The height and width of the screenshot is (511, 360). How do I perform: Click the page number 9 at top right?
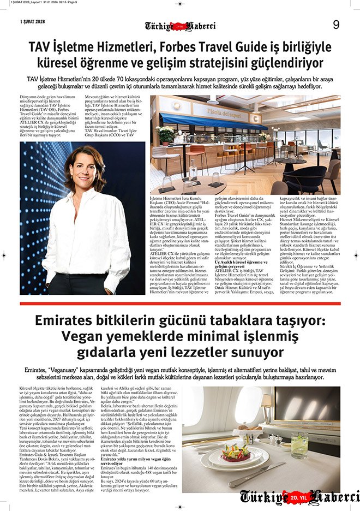(x=336, y=24)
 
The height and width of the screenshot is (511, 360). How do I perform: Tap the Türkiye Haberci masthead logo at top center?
(x=180, y=26)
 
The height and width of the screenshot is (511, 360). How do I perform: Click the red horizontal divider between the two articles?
(x=180, y=304)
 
